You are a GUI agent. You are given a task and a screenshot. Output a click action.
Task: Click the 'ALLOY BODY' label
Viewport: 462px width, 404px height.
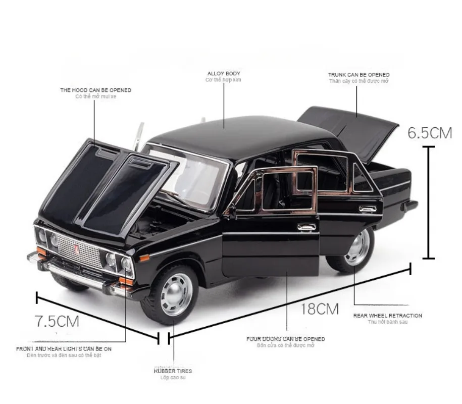(224, 74)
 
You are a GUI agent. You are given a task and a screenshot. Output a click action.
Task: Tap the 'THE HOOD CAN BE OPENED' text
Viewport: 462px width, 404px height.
(95, 90)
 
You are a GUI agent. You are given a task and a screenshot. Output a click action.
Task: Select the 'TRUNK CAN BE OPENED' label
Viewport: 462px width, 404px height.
(358, 75)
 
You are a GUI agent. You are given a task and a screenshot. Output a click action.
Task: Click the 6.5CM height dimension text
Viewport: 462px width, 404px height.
(430, 132)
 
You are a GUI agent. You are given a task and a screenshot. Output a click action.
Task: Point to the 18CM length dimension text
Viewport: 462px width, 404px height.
(319, 309)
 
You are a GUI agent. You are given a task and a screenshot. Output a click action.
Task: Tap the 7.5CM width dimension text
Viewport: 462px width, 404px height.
(57, 321)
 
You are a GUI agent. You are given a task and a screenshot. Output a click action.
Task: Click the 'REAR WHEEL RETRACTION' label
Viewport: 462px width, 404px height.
(387, 316)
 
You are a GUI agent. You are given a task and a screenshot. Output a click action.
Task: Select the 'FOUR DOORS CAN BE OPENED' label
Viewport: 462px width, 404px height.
(286, 339)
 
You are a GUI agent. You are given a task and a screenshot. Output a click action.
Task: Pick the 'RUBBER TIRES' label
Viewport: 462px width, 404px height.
(173, 371)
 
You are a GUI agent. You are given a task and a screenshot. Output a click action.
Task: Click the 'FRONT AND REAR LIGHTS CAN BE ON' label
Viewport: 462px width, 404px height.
(64, 348)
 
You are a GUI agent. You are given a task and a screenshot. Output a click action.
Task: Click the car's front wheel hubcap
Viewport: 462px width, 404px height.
(176, 294)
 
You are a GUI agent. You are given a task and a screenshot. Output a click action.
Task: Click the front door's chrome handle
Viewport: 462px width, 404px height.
(306, 227)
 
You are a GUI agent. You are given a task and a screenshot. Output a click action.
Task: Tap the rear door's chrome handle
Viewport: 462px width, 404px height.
(368, 209)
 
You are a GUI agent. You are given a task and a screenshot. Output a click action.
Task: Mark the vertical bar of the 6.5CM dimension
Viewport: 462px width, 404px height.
(429, 202)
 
